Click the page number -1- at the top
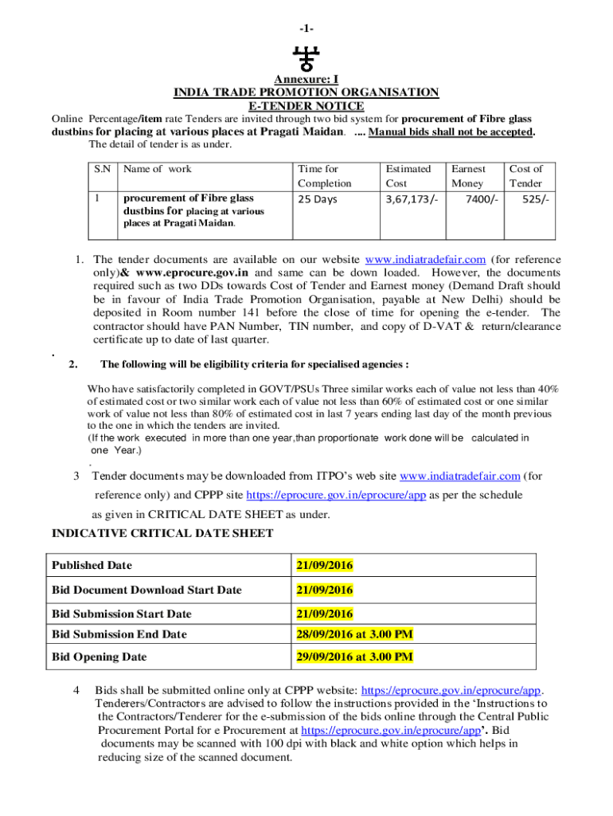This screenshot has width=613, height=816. click(x=306, y=29)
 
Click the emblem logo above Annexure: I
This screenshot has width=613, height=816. click(x=306, y=60)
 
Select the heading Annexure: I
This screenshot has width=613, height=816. click(x=306, y=80)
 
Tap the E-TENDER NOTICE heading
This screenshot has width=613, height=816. click(x=306, y=106)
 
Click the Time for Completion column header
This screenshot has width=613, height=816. click(x=318, y=176)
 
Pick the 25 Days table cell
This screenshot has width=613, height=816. click(x=317, y=199)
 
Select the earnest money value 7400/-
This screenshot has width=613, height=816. click(x=482, y=199)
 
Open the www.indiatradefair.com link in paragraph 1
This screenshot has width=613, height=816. click(x=425, y=260)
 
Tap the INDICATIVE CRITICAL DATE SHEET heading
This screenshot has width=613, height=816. click(x=162, y=533)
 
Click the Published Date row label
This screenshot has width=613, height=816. click(x=92, y=566)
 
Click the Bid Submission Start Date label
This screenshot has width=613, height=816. click(x=122, y=614)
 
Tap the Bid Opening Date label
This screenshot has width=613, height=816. click(x=100, y=657)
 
